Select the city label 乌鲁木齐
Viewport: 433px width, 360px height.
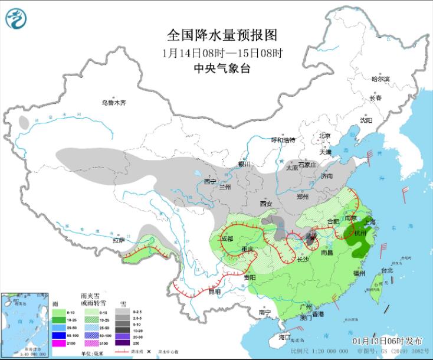tap(114, 103)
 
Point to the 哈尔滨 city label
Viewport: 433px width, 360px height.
tap(380, 78)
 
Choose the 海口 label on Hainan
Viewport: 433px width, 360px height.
tap(284, 338)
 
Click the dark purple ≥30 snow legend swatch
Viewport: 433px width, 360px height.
tap(123, 343)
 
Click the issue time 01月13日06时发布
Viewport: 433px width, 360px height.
tap(388, 342)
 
